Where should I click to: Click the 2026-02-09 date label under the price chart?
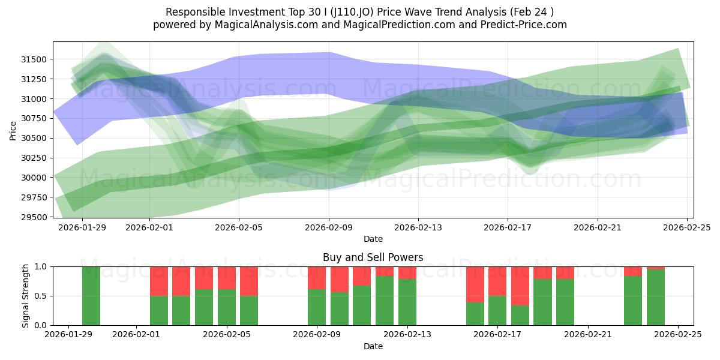(329, 227)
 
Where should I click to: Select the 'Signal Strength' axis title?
(25, 296)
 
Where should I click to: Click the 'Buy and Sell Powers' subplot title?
(373, 257)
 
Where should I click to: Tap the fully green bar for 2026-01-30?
(91, 296)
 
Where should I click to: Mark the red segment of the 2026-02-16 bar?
(475, 284)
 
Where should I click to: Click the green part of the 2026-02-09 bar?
(317, 307)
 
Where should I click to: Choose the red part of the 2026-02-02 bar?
(159, 281)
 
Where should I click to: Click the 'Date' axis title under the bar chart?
(373, 346)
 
